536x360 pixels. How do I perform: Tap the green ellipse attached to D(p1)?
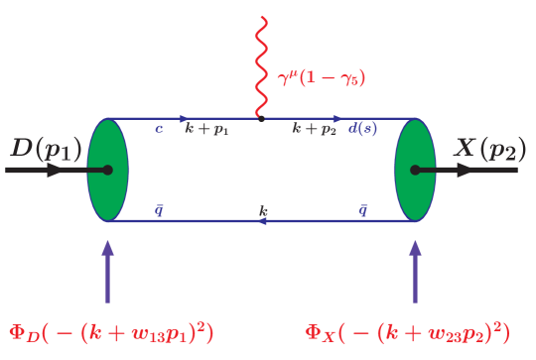107,170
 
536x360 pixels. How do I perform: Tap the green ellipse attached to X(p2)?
415,170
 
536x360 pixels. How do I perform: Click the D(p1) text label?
48,150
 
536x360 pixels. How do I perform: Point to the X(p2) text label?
485,150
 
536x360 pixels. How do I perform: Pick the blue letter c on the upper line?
159,129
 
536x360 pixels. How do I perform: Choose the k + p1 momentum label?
206,129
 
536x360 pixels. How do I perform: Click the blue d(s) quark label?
362,129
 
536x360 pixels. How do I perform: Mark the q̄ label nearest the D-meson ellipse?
159,209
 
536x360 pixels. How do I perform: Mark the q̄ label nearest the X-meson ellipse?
362,209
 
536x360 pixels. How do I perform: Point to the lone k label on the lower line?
263,210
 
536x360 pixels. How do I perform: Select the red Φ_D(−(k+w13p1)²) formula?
111,331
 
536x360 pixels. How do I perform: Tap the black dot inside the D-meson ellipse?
107,170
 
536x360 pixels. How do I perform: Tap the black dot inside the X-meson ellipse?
415,170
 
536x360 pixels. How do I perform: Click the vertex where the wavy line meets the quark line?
261,119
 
